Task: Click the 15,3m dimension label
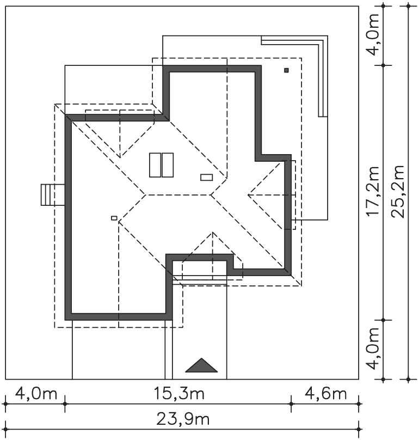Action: pyautogui.click(x=179, y=393)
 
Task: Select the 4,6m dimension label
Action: pyautogui.click(x=325, y=393)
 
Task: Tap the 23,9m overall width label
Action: pyautogui.click(x=183, y=419)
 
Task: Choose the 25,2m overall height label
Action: pyautogui.click(x=398, y=192)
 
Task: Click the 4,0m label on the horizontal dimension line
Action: pyautogui.click(x=36, y=393)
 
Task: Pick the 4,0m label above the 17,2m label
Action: pyautogui.click(x=373, y=34)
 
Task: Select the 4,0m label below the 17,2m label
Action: pyautogui.click(x=373, y=349)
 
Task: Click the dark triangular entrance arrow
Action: pyautogui.click(x=201, y=365)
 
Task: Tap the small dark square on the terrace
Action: pyautogui.click(x=286, y=70)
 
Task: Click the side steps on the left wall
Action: pyautogui.click(x=53, y=194)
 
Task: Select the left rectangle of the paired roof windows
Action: pyautogui.click(x=155, y=165)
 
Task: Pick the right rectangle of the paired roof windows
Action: pyautogui.click(x=168, y=165)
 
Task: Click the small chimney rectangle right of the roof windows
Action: pyautogui.click(x=206, y=178)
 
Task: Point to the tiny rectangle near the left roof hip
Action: pyautogui.click(x=114, y=218)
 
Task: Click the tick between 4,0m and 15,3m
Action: pyautogui.click(x=65, y=404)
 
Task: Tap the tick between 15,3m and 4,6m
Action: pyautogui.click(x=291, y=404)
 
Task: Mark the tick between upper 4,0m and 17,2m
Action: pyautogui.click(x=383, y=65)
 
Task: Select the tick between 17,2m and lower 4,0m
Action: pyautogui.click(x=383, y=320)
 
